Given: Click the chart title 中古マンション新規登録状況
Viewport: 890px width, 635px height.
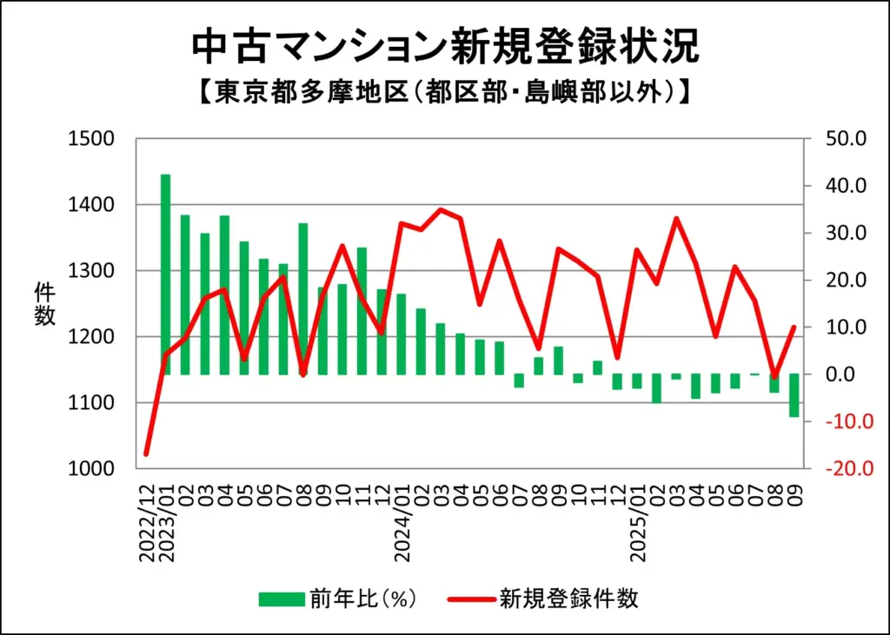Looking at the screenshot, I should [x=444, y=47].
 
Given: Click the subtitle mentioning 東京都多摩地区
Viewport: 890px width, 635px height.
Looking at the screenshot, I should [x=444, y=92].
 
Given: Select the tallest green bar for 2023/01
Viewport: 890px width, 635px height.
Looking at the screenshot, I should [x=165, y=275].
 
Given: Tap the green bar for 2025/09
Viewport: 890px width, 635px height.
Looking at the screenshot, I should [x=794, y=396].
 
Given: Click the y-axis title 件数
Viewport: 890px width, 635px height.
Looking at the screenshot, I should [x=45, y=304].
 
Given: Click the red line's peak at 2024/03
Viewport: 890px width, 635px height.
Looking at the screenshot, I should [x=441, y=209].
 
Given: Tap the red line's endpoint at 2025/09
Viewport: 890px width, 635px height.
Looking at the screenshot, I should [x=794, y=327].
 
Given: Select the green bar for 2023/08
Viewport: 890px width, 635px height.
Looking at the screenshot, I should [x=303, y=299].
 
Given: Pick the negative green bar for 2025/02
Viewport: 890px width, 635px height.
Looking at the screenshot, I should [x=656, y=388].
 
